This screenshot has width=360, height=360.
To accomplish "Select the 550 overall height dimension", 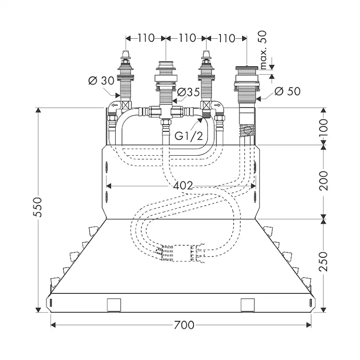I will [x=39, y=210].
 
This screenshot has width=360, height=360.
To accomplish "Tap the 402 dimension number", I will [x=183, y=186].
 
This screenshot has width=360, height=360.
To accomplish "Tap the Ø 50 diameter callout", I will [x=287, y=91].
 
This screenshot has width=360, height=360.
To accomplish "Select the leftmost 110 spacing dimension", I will [x=146, y=38].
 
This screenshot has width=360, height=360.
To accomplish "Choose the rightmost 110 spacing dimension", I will [x=226, y=38].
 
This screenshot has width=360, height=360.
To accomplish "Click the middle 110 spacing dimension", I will [x=187, y=38].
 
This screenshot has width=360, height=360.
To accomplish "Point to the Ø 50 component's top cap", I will [x=247, y=68].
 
